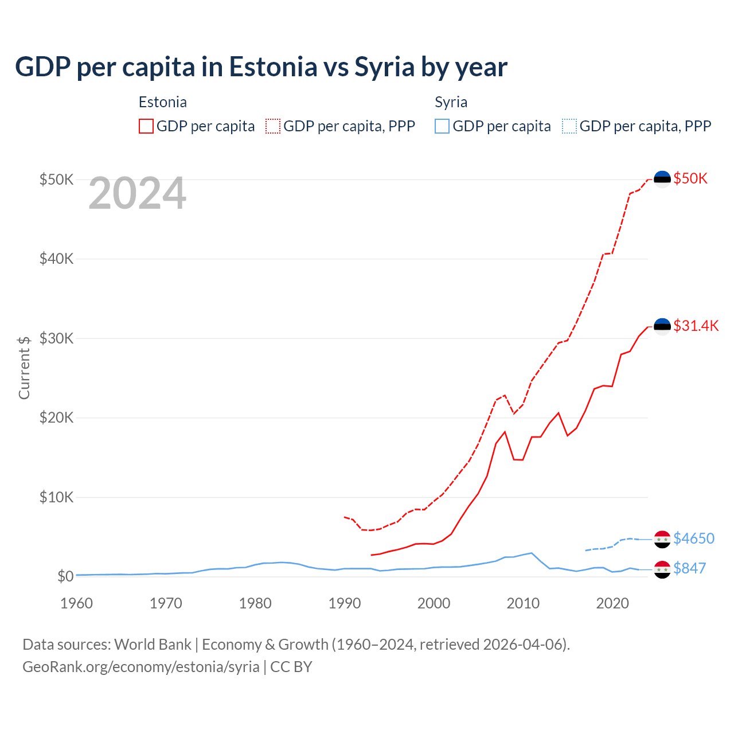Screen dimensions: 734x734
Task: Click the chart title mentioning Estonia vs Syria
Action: click(x=261, y=67)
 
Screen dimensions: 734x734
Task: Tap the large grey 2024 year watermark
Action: click(x=137, y=194)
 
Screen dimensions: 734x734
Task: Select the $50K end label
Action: click(x=690, y=178)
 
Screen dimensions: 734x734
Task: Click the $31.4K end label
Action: click(x=696, y=326)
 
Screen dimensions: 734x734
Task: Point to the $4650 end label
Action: click(x=693, y=538)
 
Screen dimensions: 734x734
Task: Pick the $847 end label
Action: click(x=689, y=568)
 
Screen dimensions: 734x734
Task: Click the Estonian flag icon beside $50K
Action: click(x=662, y=179)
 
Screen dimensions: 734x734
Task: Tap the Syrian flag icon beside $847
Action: click(x=662, y=569)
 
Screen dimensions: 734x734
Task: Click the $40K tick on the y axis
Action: click(x=56, y=259)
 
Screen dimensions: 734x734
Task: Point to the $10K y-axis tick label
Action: click(x=56, y=497)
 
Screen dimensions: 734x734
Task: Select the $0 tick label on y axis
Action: click(x=65, y=576)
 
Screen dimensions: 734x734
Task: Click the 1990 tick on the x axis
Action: click(x=345, y=603)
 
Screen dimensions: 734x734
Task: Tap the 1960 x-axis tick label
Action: click(x=77, y=603)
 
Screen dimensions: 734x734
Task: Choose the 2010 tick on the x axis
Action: click(x=523, y=603)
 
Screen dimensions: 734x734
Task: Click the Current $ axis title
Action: click(x=24, y=368)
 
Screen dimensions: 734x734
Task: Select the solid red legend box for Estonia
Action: click(x=146, y=126)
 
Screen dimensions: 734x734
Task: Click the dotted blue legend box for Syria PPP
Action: click(x=569, y=126)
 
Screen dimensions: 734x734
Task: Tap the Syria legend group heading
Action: click(x=451, y=102)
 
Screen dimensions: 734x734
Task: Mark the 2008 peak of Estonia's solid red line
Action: click(x=505, y=432)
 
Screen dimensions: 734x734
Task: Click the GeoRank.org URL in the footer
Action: click(x=141, y=667)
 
